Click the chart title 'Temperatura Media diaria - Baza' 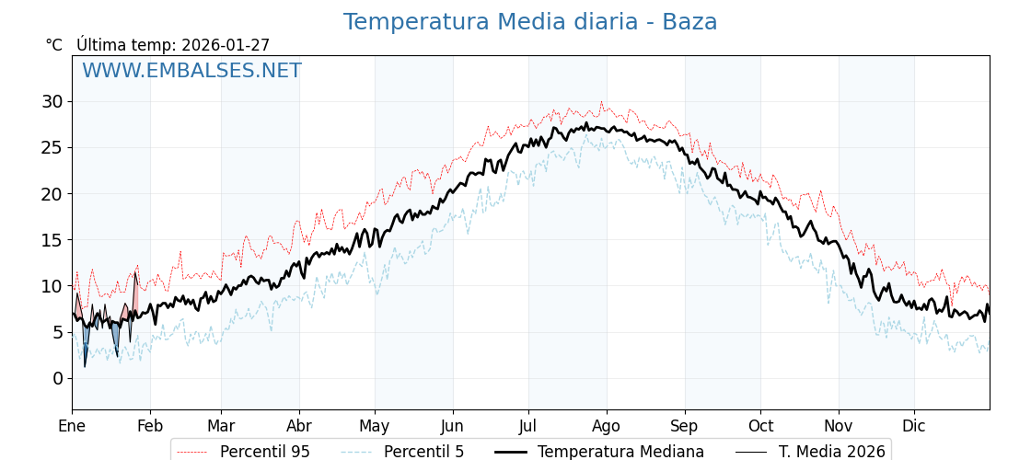530,22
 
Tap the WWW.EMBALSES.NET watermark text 191,71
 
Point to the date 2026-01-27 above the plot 226,45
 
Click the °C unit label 54,45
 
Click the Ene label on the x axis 72,426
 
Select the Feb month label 150,426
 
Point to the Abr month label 299,426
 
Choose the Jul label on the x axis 528,426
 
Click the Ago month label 607,426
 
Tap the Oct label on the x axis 760,426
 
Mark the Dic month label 914,426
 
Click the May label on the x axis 375,426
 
